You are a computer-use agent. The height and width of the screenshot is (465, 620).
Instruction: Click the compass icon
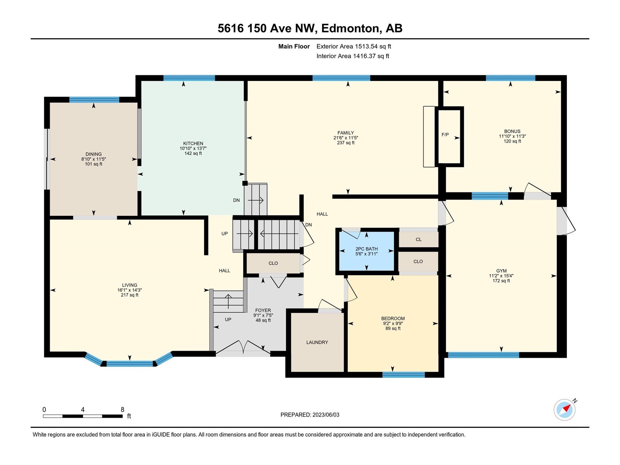click(x=564, y=410)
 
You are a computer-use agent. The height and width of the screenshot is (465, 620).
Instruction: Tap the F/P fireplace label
click(x=445, y=135)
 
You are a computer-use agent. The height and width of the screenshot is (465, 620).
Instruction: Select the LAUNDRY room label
click(x=317, y=342)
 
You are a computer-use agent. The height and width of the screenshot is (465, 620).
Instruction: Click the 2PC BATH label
click(x=366, y=249)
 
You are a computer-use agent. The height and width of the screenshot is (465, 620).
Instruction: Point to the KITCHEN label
click(x=193, y=143)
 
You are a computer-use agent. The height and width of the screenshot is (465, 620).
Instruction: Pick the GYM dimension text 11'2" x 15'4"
click(x=501, y=276)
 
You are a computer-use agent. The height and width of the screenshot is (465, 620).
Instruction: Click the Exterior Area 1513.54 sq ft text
click(x=354, y=46)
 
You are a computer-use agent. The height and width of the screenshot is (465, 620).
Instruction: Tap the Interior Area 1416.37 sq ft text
click(x=353, y=56)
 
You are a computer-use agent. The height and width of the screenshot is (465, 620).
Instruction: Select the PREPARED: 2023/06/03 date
click(x=310, y=415)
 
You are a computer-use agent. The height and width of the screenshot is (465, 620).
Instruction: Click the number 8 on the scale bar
click(x=122, y=409)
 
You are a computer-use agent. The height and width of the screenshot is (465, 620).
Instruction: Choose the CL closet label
click(x=418, y=239)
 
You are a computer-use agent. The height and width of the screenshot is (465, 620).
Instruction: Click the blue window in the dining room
click(x=94, y=100)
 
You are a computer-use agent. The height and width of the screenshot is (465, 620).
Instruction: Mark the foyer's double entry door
click(x=243, y=347)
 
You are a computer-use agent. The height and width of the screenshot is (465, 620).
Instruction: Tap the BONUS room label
click(x=512, y=131)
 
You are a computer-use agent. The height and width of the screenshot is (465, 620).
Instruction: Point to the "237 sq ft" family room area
click(x=345, y=143)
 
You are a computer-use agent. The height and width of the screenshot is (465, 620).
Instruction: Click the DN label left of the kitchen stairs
click(x=236, y=200)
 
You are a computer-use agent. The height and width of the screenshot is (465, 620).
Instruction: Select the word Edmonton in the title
click(x=350, y=28)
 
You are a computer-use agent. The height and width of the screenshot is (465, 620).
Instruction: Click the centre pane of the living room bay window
click(x=130, y=363)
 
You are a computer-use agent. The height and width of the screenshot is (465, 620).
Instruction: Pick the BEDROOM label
click(x=393, y=319)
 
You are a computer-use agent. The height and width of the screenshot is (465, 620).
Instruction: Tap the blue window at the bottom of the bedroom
click(x=404, y=375)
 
